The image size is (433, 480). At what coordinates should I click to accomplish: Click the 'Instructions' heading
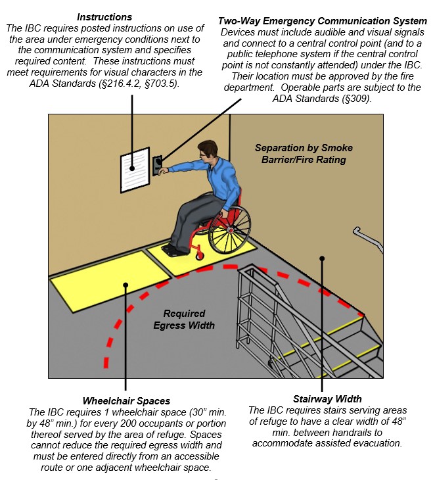(104, 16)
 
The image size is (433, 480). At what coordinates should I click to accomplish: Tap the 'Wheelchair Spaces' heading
(126, 400)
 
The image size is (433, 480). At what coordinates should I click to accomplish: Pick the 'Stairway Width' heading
(327, 399)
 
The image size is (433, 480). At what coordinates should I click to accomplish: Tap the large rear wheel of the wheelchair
(229, 230)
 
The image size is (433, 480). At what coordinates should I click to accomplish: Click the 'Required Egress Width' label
(185, 319)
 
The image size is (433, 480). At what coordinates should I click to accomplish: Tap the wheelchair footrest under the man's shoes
(173, 250)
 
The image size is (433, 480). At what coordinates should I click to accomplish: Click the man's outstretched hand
(162, 170)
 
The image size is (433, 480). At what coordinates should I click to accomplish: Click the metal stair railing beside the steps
(263, 309)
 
